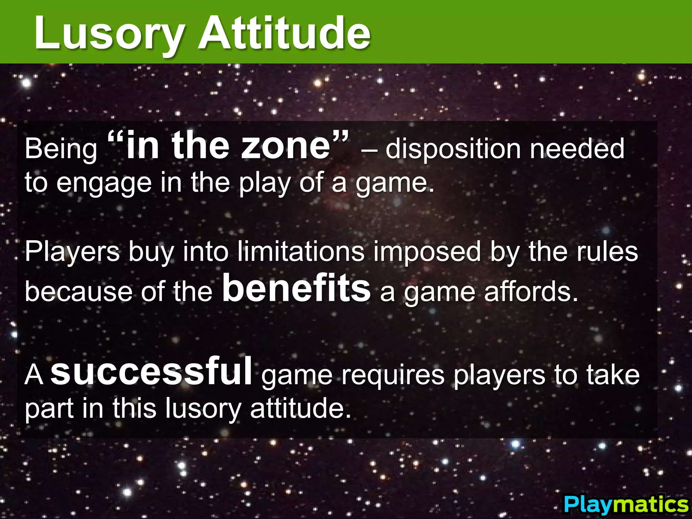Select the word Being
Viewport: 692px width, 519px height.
[61, 149]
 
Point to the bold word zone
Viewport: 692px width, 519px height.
[286, 146]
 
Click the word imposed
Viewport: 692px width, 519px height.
[427, 252]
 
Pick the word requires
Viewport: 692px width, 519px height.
[393, 375]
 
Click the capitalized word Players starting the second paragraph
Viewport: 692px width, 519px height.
[72, 252]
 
